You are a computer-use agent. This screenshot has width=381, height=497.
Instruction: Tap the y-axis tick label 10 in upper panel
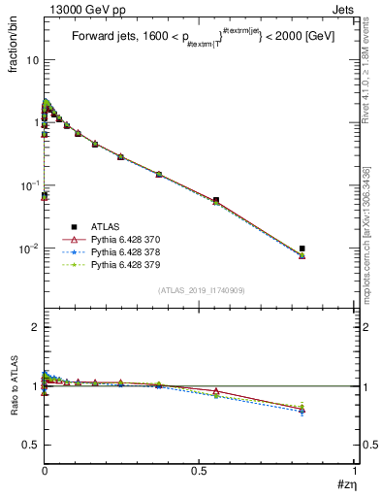pos(31,60)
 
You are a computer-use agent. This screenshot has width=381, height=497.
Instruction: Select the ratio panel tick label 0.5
pos(30,445)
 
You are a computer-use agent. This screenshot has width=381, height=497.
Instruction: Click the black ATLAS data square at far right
pos(302,248)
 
